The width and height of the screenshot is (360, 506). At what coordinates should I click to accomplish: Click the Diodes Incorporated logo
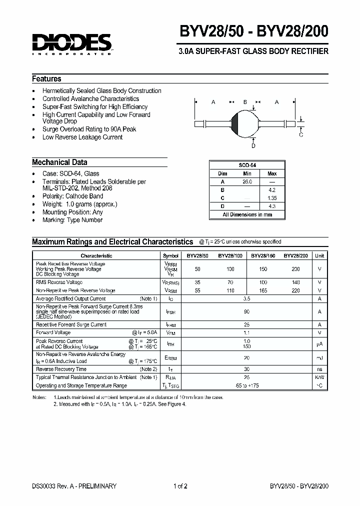[x=72, y=43]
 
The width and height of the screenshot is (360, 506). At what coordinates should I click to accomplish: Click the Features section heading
[x=46, y=79]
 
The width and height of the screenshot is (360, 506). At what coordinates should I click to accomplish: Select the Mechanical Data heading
[x=59, y=162]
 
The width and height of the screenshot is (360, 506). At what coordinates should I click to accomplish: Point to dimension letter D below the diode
[x=253, y=145]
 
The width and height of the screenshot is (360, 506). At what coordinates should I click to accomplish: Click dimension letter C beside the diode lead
[x=301, y=134]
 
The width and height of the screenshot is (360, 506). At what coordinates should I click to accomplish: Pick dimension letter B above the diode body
[x=245, y=102]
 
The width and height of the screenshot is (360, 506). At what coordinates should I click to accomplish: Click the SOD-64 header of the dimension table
[x=247, y=165]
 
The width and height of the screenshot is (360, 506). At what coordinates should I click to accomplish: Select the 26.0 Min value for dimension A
[x=247, y=181]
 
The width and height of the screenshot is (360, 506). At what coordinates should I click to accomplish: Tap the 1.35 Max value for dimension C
[x=272, y=198]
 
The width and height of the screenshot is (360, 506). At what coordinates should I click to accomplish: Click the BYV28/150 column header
[x=263, y=255]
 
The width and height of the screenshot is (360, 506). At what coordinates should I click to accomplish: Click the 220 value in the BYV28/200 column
[x=296, y=290]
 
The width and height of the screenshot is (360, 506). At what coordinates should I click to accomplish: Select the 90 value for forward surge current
[x=246, y=311]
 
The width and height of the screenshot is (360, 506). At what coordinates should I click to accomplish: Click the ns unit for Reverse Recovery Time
[x=319, y=369]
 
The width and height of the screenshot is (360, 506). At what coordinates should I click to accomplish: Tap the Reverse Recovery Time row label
[x=61, y=369]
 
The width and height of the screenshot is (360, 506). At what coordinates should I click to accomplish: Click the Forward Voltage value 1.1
[x=246, y=332]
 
